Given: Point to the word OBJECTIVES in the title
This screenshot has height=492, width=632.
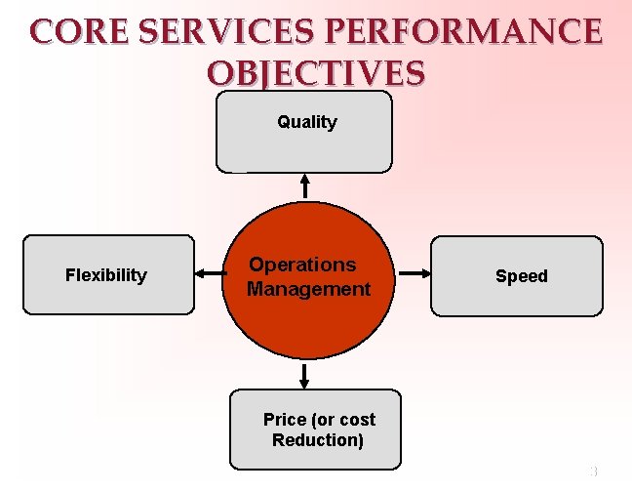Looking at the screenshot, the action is [x=316, y=73].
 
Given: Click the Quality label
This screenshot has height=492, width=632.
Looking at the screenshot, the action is [x=306, y=122].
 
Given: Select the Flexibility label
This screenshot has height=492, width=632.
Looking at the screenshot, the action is [x=105, y=275].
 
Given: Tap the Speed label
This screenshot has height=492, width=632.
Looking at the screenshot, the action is [x=522, y=276].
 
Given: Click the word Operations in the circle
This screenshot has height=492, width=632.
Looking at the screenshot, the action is [x=302, y=265].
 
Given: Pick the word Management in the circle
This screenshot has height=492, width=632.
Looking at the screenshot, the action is [x=308, y=289].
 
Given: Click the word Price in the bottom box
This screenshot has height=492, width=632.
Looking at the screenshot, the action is [x=285, y=420].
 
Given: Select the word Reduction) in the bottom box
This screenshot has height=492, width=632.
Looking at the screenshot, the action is [x=318, y=440].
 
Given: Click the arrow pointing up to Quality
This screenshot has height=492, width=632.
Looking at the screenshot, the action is [x=305, y=184].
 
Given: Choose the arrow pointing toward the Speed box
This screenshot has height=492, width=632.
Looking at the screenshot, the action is [x=414, y=274].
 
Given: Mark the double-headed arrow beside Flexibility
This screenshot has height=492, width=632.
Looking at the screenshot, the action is [x=209, y=274].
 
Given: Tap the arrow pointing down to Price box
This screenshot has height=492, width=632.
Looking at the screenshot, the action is [x=305, y=375].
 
